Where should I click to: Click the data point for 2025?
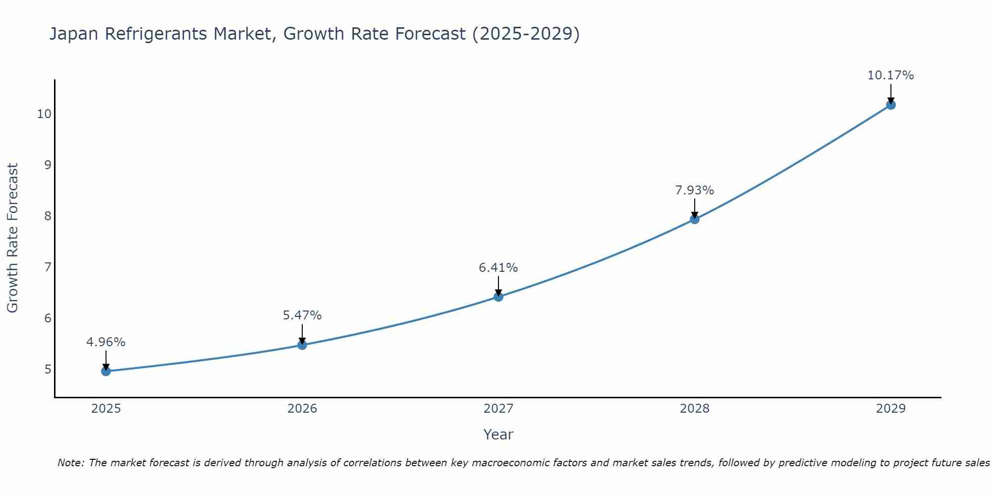tap(106, 371)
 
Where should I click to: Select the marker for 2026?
tap(302, 345)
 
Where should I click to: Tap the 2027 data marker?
tap(498, 297)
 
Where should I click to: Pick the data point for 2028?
tap(695, 219)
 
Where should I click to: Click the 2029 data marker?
tap(890, 105)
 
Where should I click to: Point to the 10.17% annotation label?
tap(890, 75)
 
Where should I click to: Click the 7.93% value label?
tap(695, 190)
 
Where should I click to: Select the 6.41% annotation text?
tap(498, 268)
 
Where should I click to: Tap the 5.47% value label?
tap(302, 315)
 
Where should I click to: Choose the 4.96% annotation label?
tap(106, 342)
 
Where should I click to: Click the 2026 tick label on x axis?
tap(302, 409)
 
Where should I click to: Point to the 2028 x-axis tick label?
tap(695, 409)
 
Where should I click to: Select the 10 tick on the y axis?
tap(44, 114)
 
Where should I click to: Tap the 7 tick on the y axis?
tap(48, 267)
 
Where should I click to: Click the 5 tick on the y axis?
tap(48, 370)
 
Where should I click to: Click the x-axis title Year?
tap(498, 434)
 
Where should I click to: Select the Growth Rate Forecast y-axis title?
tap(13, 238)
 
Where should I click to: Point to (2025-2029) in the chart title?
tap(526, 34)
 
